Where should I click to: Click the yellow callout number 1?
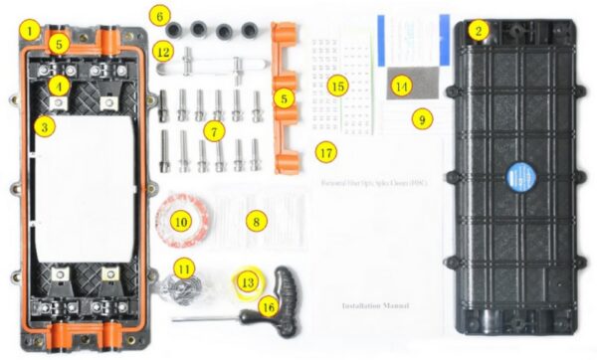click(33, 31)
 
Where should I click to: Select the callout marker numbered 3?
click(44, 126)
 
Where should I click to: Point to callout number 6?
click(161, 15)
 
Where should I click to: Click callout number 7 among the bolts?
click(210, 130)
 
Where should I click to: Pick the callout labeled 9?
click(423, 117)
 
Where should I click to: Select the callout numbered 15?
click(337, 87)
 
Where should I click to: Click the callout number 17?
click(323, 152)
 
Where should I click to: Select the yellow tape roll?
click(249, 281)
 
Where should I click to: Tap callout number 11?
click(183, 269)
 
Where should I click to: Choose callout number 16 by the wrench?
click(267, 308)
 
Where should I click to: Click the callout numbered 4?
click(61, 87)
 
